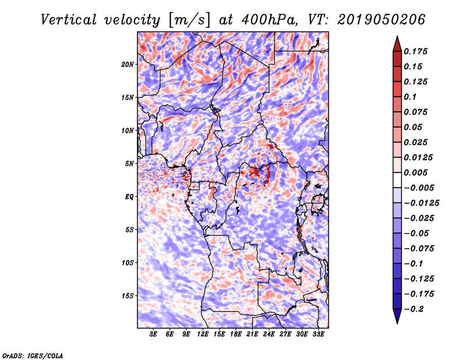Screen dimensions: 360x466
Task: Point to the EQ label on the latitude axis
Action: coord(130,197)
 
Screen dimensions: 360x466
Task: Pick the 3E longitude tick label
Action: coord(153,334)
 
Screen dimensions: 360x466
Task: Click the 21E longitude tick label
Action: coord(253,334)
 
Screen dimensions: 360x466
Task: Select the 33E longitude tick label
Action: coord(319,334)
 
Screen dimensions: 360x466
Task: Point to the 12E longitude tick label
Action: coord(203,334)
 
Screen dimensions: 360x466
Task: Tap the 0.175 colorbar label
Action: coord(417,51)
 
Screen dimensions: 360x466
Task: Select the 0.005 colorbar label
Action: coord(417,172)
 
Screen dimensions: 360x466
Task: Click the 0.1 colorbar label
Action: coord(411,97)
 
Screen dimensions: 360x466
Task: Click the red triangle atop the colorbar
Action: coord(397,43)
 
